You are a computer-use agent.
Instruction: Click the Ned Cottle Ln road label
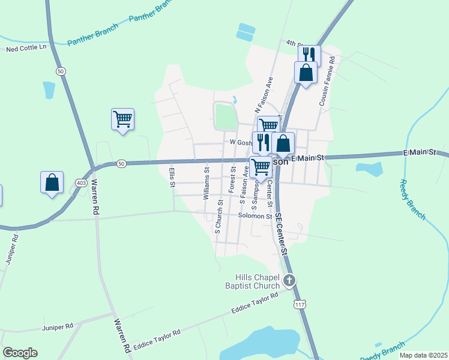(x=26, y=47)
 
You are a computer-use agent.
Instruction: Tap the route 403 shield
(x=82, y=182)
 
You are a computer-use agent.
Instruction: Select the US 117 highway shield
(x=299, y=304)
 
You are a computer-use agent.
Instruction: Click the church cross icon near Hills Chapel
(x=289, y=280)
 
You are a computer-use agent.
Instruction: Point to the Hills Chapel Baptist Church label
(x=258, y=281)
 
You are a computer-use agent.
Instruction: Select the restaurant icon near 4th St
(x=309, y=56)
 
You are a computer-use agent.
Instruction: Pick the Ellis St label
(x=172, y=177)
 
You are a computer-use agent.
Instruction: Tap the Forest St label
(x=231, y=180)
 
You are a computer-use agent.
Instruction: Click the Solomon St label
(x=255, y=216)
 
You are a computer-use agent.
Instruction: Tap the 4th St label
(x=294, y=43)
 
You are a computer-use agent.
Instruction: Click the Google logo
(x=20, y=353)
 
